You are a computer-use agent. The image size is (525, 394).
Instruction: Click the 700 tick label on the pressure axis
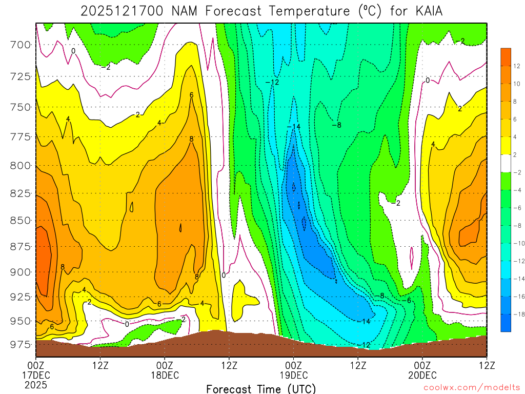[21, 45]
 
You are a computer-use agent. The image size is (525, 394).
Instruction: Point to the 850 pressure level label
[21, 220]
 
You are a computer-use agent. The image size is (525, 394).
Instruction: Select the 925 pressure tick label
[21, 297]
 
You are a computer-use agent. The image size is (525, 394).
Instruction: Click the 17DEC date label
[36, 375]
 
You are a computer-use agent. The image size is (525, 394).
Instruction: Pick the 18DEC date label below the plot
[165, 375]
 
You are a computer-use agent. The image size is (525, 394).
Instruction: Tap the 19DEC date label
[293, 375]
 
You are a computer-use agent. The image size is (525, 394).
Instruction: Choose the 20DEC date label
[422, 375]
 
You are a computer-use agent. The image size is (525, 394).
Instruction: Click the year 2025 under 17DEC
[36, 384]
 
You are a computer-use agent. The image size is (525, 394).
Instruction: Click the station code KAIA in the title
[423, 10]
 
